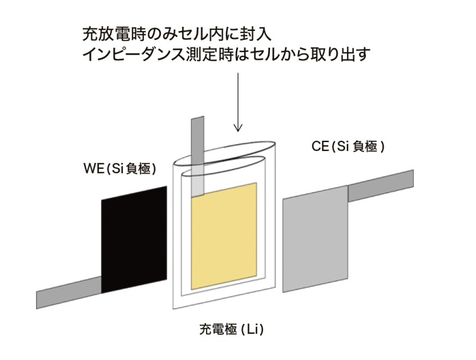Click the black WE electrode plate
tap(134, 240)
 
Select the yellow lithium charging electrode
tap(224, 236)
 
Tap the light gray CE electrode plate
tap(315, 239)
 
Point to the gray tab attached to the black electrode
tap(69, 292)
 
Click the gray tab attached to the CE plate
tap(381, 186)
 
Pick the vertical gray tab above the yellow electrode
tap(198, 156)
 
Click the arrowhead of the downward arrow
tap(238, 127)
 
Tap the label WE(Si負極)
tap(120, 168)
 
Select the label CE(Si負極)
tap(348, 147)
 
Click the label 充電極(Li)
tap(231, 329)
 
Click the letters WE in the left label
tap(94, 168)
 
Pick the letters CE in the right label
tap(321, 147)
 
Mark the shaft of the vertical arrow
tap(238, 101)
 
